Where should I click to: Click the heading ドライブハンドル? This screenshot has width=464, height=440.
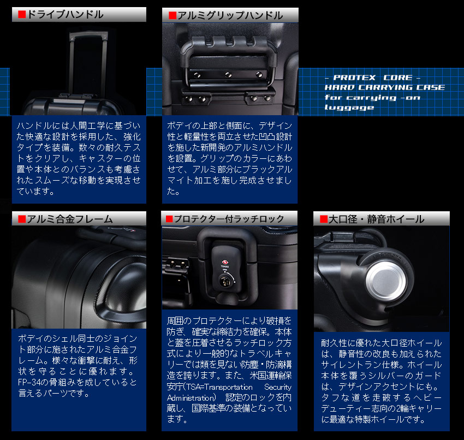pos(65,15)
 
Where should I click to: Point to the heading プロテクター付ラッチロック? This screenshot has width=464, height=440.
pos(227,219)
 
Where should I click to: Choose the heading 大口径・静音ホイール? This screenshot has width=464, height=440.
pos(377,219)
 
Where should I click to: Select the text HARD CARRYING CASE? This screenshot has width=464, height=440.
pos(384,88)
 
